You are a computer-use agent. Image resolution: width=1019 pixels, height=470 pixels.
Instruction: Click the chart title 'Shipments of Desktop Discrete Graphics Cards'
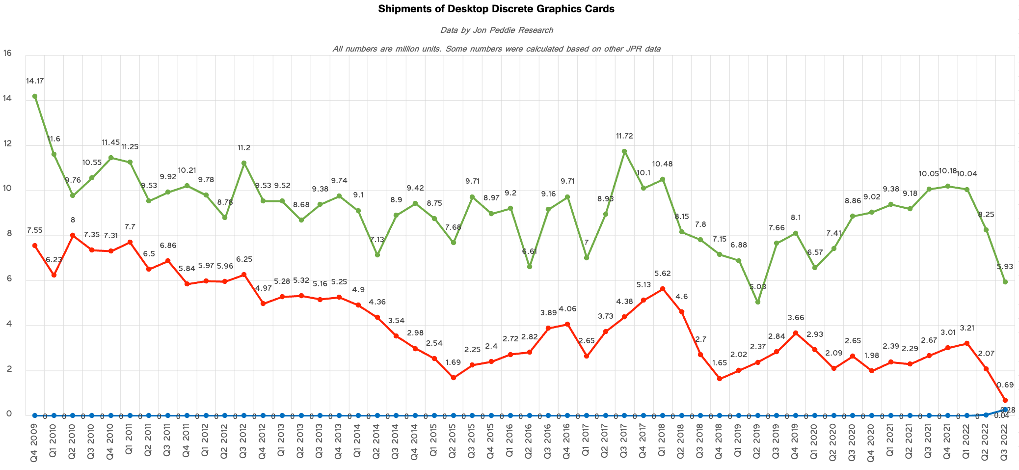[x=496, y=9]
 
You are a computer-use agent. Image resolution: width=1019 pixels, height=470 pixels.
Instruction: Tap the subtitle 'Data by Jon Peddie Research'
[x=496, y=30]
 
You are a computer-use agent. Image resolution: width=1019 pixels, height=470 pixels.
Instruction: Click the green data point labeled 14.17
[x=35, y=96]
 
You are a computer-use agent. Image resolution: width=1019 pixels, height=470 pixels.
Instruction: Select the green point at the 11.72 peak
[x=624, y=151]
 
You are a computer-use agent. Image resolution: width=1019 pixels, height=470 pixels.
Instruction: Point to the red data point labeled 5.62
[x=663, y=289]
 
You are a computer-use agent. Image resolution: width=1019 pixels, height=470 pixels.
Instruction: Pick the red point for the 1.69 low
[x=454, y=378]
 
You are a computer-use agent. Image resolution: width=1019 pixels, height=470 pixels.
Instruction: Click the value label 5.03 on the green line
[x=757, y=287]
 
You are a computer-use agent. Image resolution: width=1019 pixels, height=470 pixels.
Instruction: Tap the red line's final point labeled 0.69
[x=1005, y=400]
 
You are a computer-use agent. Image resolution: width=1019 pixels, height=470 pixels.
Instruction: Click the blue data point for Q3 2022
[x=1005, y=409]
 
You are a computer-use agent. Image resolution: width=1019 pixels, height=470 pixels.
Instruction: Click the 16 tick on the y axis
[x=7, y=53]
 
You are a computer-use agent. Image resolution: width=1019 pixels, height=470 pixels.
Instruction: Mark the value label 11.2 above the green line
[x=243, y=148]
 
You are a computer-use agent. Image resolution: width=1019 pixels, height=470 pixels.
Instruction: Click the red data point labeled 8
[x=73, y=235]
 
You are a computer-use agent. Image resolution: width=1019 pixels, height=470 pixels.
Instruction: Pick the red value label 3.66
[x=796, y=318]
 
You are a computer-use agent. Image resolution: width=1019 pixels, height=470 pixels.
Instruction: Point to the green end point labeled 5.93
[x=1005, y=282]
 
